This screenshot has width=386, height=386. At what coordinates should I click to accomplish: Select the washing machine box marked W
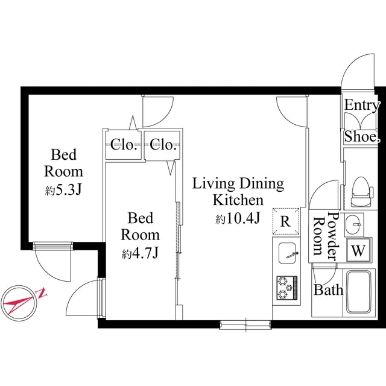click(359, 250)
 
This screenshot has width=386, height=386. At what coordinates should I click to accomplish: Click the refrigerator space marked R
click(286, 221)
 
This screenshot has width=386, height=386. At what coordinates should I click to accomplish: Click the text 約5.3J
click(63, 191)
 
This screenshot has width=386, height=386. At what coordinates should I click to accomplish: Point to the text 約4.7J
click(140, 254)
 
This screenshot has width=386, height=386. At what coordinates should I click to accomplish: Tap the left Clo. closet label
click(125, 144)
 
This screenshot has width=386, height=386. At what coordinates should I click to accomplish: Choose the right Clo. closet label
click(163, 144)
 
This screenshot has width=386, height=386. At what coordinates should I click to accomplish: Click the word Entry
click(362, 105)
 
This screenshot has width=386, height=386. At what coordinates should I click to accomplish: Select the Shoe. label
click(362, 137)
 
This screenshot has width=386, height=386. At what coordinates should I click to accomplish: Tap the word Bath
click(328, 290)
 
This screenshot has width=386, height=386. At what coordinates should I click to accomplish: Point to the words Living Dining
click(238, 183)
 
